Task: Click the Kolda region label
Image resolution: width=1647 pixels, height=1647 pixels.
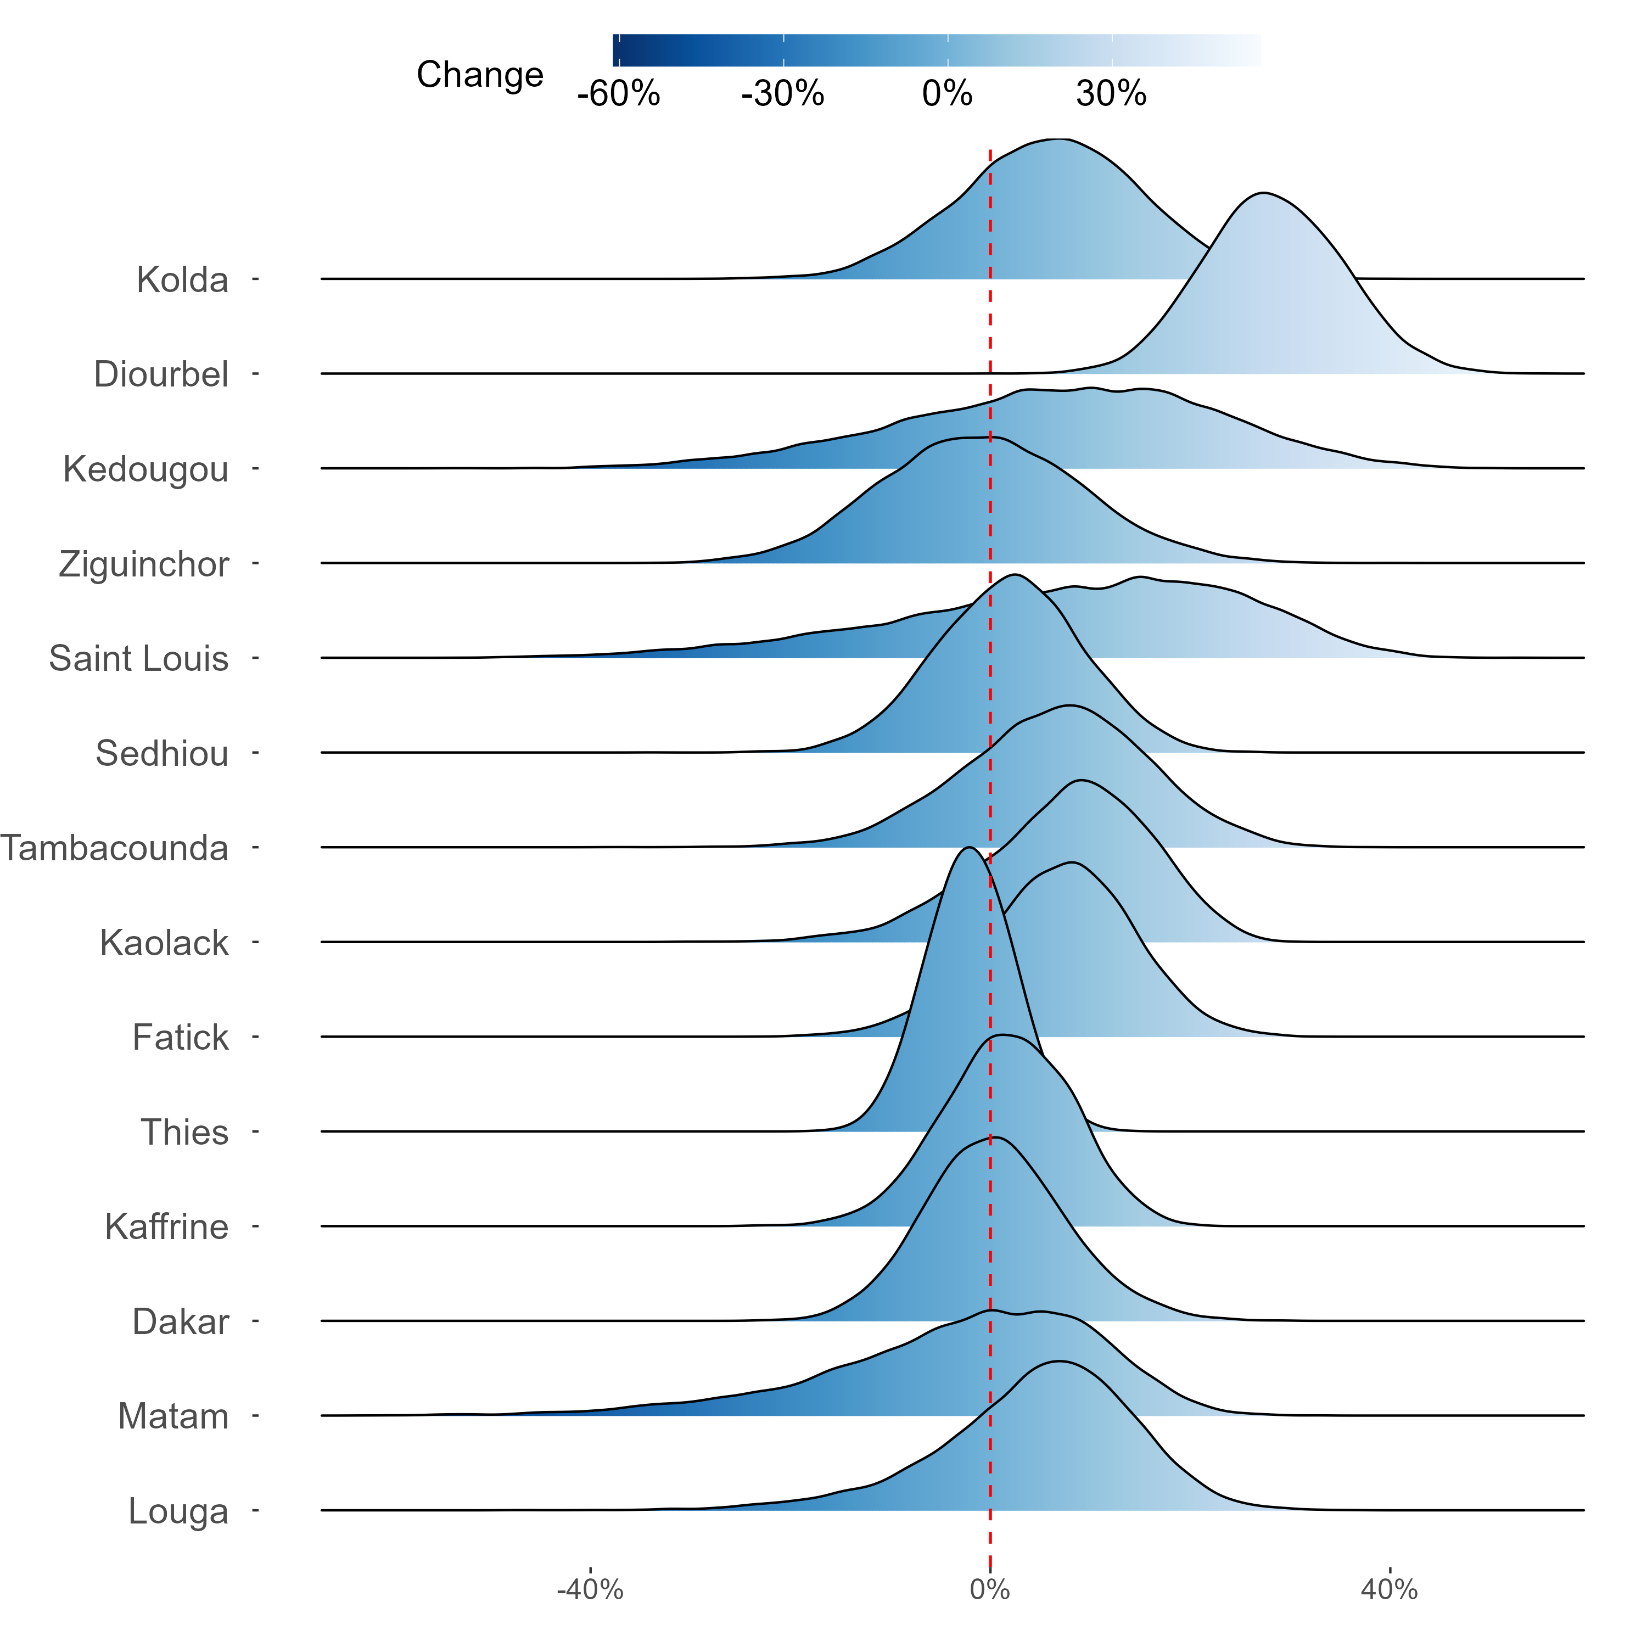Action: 182,279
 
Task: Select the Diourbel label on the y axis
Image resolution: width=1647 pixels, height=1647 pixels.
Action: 161,374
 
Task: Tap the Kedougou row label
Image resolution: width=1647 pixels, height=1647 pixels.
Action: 146,469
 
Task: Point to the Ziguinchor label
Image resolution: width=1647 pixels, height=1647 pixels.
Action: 144,564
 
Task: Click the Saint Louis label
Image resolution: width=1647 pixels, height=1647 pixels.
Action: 139,659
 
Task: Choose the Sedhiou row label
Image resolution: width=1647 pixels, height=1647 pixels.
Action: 162,754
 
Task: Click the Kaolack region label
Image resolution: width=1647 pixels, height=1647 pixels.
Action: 165,943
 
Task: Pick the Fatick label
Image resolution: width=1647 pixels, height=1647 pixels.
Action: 181,1038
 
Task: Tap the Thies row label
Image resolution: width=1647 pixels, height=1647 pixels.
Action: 185,1132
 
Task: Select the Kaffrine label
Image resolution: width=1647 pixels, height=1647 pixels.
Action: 167,1226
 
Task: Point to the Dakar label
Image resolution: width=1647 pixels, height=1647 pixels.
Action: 181,1321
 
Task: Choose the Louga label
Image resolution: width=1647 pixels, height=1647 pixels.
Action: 179,1511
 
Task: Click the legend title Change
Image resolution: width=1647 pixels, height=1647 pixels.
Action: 480,75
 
